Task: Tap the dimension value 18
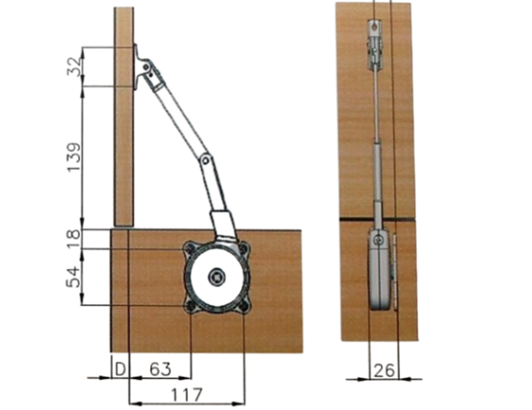[74, 238]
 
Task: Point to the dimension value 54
[73, 277]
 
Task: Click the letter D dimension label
[120, 369]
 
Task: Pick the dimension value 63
[160, 369]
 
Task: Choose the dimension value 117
[187, 394]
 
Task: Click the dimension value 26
[384, 371]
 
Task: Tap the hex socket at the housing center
[217, 278]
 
